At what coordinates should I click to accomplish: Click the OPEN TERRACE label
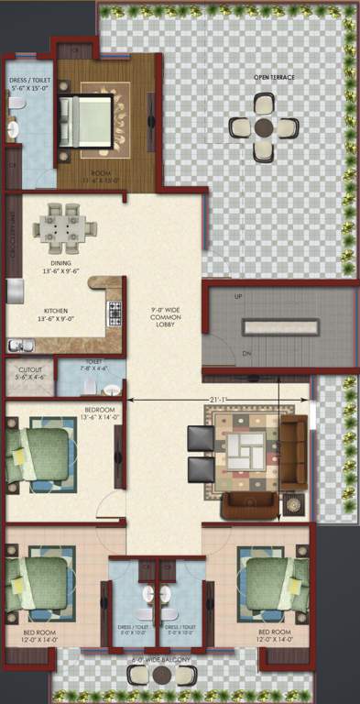[274, 77]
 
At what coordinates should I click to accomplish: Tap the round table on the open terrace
[264, 126]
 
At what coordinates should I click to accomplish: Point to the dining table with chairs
[63, 226]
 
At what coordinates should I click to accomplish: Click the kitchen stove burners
[115, 313]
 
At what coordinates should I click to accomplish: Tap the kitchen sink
[19, 345]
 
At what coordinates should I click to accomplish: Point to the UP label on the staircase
[213, 298]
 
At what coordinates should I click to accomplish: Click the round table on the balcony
[161, 676]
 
